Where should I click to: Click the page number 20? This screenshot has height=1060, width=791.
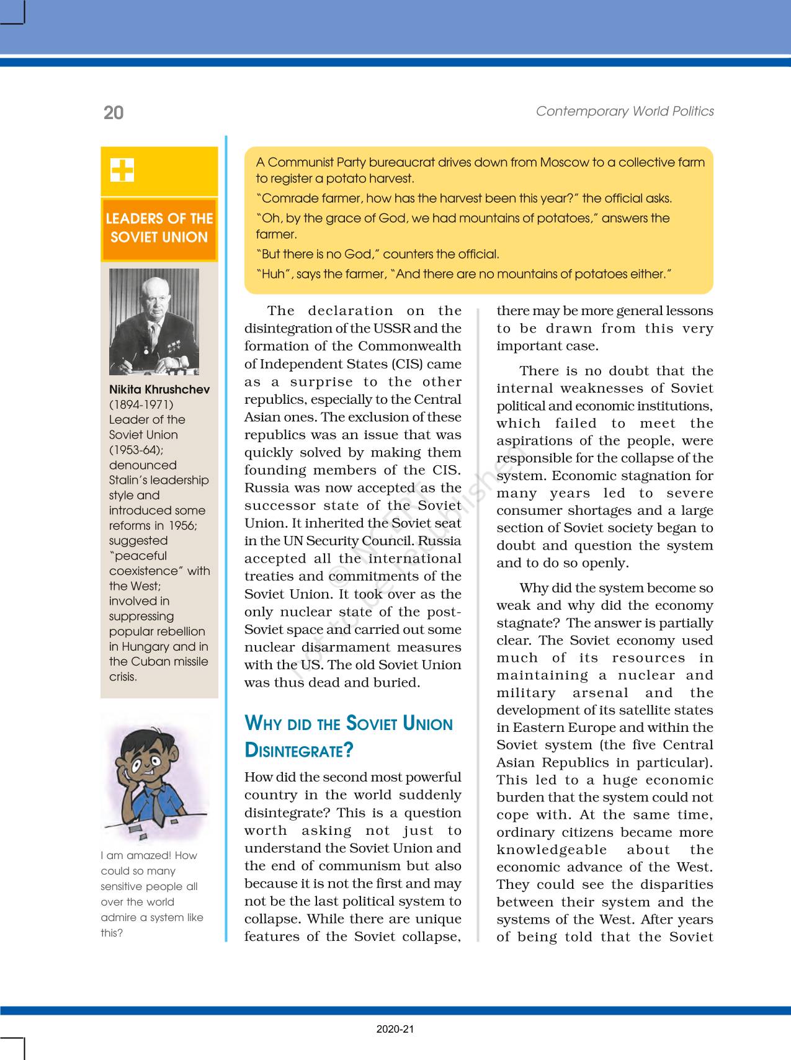114,113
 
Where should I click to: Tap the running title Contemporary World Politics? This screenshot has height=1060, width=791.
624,112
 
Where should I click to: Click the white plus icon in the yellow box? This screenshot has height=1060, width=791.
122,170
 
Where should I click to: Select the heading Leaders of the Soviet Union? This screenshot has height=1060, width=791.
159,228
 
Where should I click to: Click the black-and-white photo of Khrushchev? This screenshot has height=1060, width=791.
154,321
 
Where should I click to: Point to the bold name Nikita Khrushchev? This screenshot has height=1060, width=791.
159,390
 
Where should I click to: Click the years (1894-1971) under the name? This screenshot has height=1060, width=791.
141,405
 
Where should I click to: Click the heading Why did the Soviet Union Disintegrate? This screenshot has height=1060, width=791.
349,736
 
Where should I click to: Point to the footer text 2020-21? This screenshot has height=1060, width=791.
395,1029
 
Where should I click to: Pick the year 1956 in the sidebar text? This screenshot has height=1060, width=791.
182,525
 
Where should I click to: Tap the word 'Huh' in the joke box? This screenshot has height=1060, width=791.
273,274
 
